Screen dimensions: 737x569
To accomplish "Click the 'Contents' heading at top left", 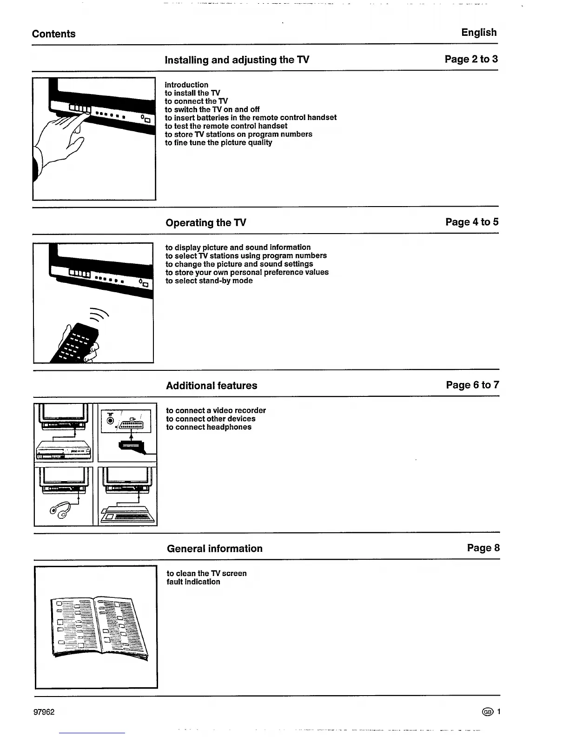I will (53, 34).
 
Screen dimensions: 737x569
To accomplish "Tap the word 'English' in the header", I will (479, 33).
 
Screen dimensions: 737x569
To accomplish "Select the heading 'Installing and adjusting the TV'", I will (237, 60).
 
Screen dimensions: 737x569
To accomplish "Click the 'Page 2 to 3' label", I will (471, 59).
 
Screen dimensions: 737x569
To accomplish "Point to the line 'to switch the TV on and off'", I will (212, 109).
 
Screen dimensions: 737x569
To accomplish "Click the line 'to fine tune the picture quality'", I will (218, 142).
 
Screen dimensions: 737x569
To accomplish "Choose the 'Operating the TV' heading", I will (206, 223).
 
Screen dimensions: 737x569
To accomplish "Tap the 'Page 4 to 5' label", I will (472, 222).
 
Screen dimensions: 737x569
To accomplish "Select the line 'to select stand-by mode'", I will (209, 281).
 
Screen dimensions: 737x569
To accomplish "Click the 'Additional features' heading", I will (212, 386).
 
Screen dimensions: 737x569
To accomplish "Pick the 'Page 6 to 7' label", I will (472, 385).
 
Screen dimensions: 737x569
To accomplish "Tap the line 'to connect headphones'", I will (209, 427).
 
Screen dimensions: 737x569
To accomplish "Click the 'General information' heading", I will (214, 549).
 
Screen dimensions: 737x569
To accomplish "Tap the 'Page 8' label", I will (483, 548).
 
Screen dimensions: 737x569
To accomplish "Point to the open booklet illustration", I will (98, 626).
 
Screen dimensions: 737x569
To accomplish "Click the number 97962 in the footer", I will (44, 712).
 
